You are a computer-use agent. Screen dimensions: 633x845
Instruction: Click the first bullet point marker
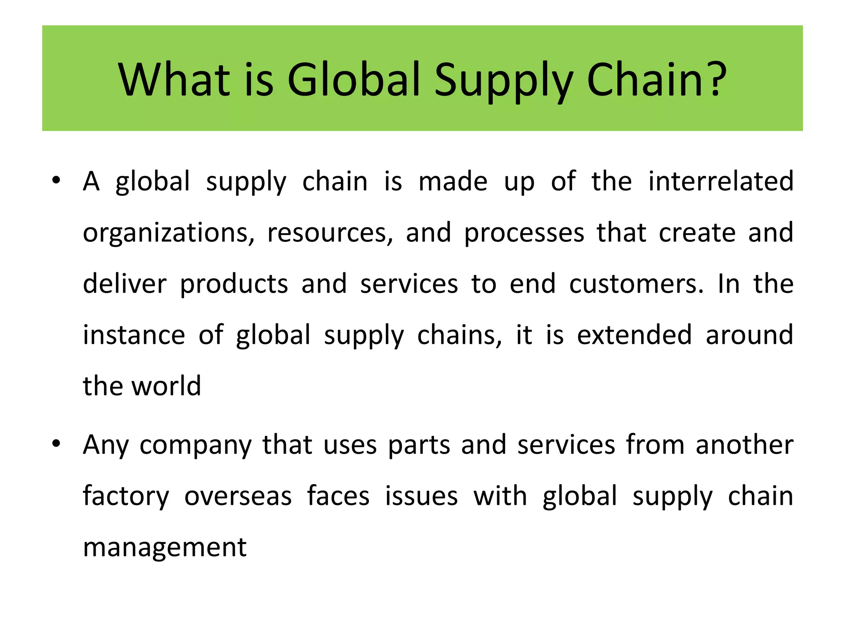point(57,180)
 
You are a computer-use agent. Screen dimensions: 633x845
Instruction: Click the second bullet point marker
point(57,444)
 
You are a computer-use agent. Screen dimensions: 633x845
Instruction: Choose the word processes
point(524,234)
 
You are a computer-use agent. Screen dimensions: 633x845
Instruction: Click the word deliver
point(125,284)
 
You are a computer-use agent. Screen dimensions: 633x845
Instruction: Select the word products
point(234,285)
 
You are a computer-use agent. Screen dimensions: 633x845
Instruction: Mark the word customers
point(637,284)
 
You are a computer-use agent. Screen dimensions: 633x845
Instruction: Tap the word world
point(166,386)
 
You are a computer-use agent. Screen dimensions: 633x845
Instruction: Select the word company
point(196,446)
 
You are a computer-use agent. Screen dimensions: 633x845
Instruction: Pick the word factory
point(126,497)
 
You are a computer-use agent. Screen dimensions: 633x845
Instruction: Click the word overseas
point(238,496)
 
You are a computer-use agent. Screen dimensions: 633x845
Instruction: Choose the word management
point(165,548)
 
